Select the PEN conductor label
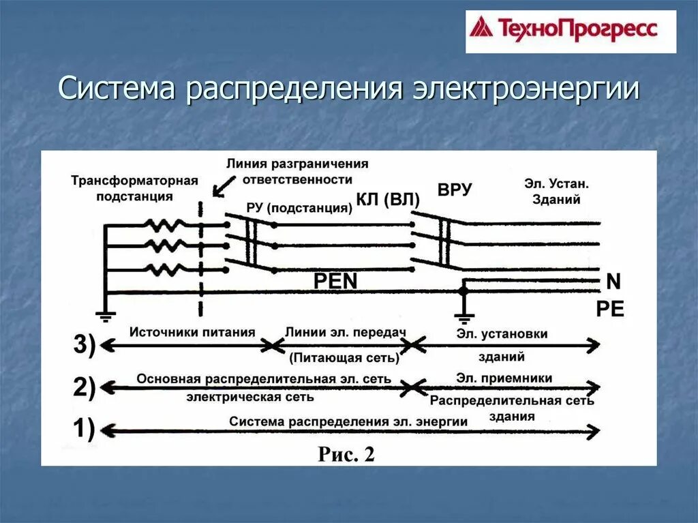click(335, 281)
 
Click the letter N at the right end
click(612, 281)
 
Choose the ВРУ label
click(455, 190)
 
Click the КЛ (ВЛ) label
click(388, 200)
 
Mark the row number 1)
click(85, 430)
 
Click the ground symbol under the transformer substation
click(105, 315)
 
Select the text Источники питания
click(192, 332)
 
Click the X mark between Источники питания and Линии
click(273, 346)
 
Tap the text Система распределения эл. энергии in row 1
click(348, 421)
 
